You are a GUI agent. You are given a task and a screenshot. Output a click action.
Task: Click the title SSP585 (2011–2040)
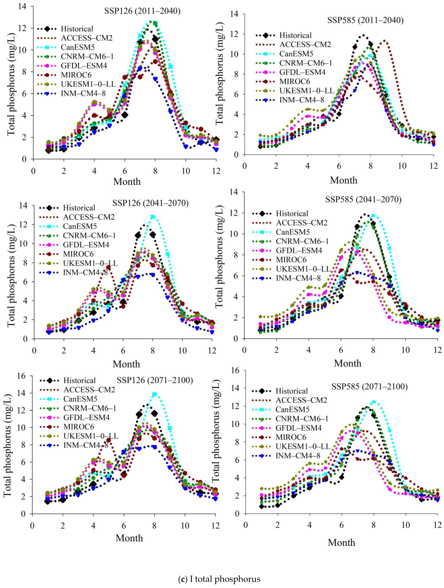(x=365, y=20)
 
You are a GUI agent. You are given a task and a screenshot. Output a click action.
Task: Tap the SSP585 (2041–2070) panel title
(x=363, y=199)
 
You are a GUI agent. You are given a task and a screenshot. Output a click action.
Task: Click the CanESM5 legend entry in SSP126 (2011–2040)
(x=78, y=47)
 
